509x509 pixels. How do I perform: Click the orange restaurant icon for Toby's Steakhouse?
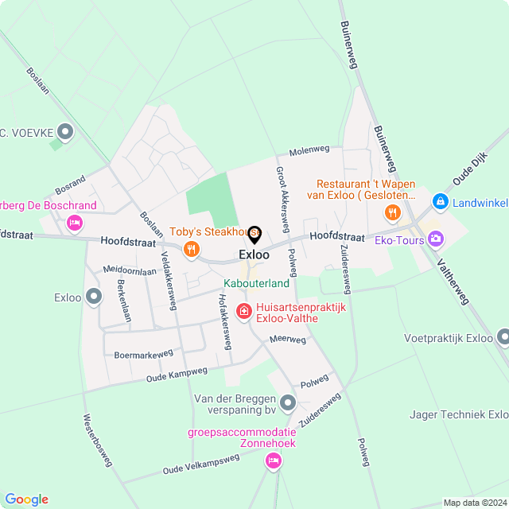click(191, 251)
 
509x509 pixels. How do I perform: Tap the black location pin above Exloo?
click(254, 235)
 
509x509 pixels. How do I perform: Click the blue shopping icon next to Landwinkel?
click(440, 203)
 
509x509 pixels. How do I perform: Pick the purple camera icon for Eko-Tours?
click(435, 238)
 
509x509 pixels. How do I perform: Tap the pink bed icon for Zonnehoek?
click(273, 460)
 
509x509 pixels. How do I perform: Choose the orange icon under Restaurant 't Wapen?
click(391, 212)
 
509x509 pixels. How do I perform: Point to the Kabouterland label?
click(256, 283)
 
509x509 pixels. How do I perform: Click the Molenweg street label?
click(309, 150)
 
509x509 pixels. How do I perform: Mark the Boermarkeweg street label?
click(143, 354)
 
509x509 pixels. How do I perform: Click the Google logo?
click(26, 499)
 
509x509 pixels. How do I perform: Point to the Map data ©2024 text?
click(474, 503)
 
